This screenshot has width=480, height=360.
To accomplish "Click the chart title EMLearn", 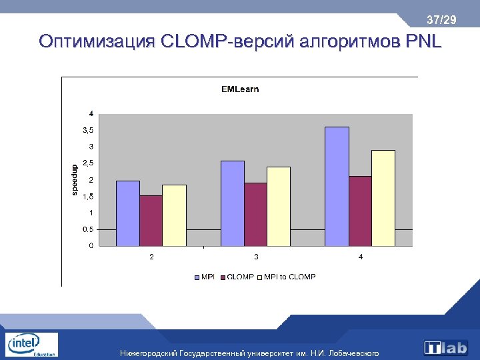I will coord(240,89).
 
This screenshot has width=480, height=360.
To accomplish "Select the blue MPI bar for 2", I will coord(128,213).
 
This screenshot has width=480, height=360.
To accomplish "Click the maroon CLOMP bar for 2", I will coord(151,221).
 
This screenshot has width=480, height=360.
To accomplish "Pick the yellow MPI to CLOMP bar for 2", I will coord(174,215).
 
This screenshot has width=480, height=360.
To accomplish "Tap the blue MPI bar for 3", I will coord(233,203).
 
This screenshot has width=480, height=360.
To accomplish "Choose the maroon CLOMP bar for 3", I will coord(255,214).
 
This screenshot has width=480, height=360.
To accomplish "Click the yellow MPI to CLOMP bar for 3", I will coord(278,206).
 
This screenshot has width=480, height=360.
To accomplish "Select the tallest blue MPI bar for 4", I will coord(337,187).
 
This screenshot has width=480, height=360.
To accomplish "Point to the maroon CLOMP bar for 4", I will coord(360,211).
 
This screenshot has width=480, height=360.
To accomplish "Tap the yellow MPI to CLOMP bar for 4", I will coord(383,198).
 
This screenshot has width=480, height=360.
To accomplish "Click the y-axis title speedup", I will coord(74,180).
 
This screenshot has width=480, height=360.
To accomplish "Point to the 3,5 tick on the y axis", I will coord(88,130).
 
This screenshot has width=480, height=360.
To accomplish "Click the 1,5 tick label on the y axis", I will coord(88,197).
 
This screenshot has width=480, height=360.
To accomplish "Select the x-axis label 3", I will coord(256,257).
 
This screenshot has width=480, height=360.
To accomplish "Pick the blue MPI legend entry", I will coord(205,277).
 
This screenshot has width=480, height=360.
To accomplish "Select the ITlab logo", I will coord(446,347).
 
